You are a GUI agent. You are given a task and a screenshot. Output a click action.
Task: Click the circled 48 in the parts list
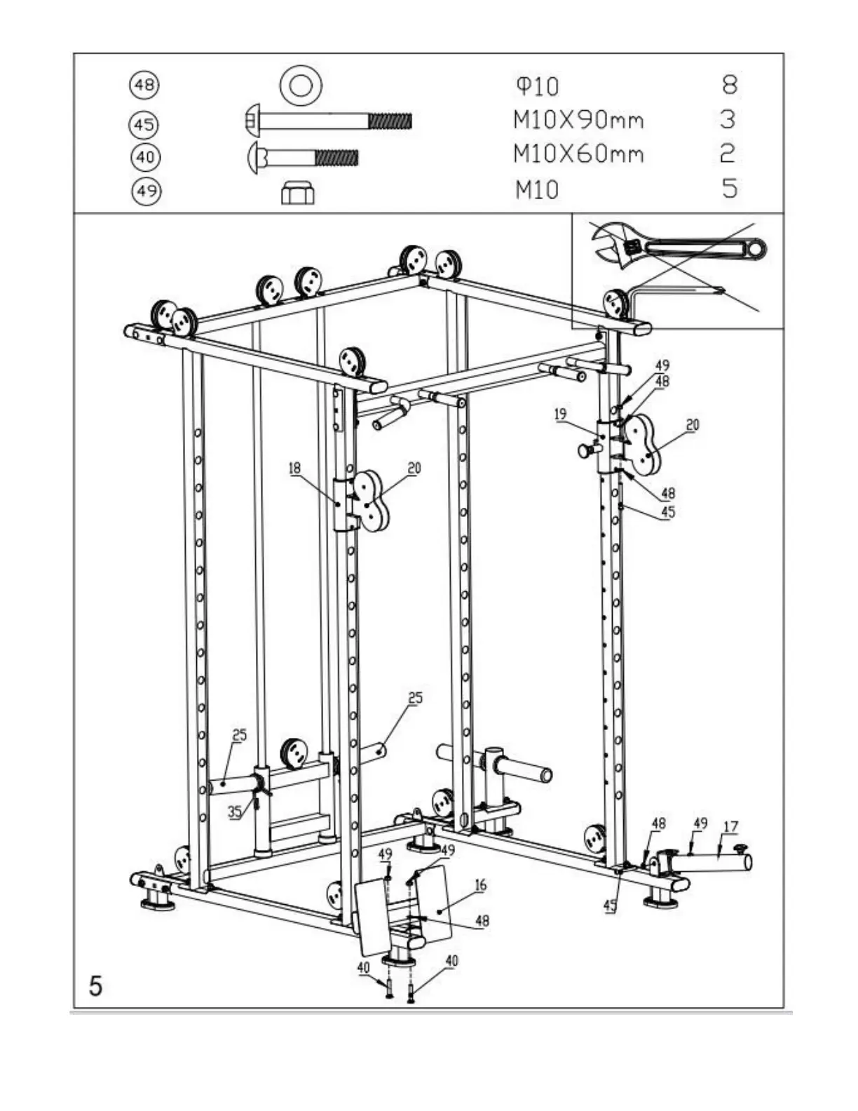pos(144,86)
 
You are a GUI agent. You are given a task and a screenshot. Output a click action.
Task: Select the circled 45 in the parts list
pos(144,125)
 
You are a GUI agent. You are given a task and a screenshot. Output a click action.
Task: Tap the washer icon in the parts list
pos(301,86)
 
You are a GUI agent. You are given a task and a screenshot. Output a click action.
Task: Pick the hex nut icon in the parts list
pos(298,192)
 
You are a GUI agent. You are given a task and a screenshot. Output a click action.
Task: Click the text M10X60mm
pos(578,154)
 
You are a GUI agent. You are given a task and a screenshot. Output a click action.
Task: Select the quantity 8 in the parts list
pos(729,85)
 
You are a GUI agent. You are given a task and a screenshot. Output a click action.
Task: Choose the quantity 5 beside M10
pos(730,188)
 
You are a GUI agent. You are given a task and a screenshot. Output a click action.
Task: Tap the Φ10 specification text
pos(538,86)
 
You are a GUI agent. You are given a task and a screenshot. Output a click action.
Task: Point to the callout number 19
pos(560,415)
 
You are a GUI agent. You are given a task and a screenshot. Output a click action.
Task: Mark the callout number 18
pos(294,468)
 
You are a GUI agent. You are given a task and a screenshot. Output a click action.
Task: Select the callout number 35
pos(235,812)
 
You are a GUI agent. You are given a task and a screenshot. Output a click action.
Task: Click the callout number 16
pos(480,885)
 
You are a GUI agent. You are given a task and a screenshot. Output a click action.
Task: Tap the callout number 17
pos(730,826)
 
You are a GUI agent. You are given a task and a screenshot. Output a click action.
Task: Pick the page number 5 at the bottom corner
pos(95,985)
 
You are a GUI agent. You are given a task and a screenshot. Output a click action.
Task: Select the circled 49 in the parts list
pos(146,191)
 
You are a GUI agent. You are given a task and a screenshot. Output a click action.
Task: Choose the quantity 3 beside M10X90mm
pos(728,119)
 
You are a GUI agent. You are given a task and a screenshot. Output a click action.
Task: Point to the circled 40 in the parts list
pos(145,156)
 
